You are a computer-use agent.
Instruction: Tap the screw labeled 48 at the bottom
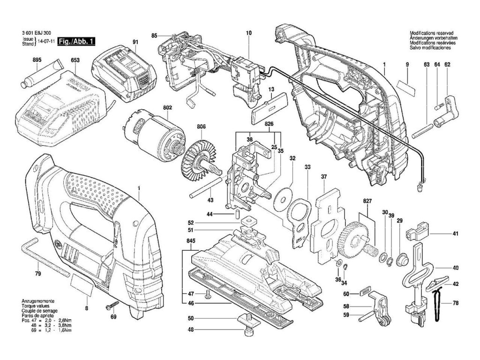247,333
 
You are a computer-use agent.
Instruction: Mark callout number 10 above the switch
248,33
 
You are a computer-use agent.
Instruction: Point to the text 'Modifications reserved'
431,34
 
